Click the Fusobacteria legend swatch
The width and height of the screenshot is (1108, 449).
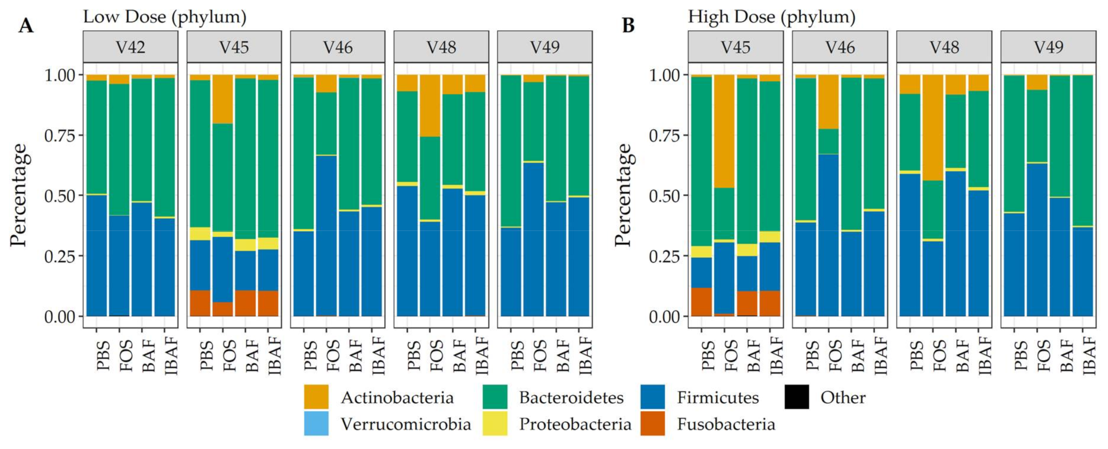tap(652, 424)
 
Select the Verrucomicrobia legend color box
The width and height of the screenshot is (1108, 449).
tap(316, 424)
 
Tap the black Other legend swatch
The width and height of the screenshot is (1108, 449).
tap(797, 397)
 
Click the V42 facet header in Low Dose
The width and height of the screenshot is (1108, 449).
tap(130, 47)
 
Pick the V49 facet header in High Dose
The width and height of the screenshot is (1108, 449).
tap(1048, 47)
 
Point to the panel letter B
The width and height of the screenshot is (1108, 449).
tap(628, 25)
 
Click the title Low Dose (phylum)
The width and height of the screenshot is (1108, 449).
tap(164, 17)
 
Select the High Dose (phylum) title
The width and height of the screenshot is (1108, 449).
tap(771, 17)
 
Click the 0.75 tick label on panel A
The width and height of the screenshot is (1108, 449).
tap(60, 136)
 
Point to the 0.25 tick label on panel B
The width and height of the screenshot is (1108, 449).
tap(664, 256)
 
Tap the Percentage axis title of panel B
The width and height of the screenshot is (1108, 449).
tap(623, 195)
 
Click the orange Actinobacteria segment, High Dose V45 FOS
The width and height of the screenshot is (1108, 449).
tap(724, 131)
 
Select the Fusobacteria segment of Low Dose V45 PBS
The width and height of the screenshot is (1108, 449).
tap(200, 303)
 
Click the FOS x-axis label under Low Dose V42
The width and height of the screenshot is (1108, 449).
tap(126, 355)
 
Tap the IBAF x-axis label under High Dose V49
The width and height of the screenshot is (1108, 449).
tap(1089, 355)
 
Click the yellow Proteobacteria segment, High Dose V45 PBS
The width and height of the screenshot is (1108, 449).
tap(702, 252)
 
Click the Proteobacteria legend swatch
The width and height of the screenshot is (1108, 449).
tap(495, 424)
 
